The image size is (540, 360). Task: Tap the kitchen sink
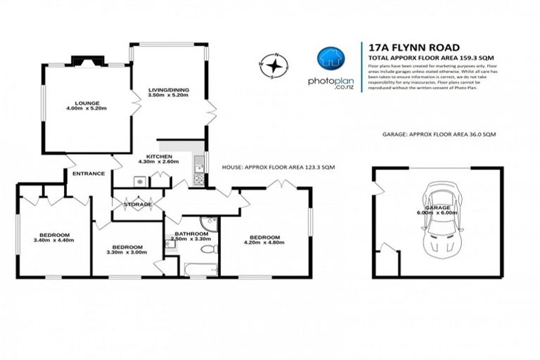[x=200, y=166]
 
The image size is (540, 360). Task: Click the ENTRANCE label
[x=87, y=174]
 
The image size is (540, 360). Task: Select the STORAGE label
[x=138, y=205]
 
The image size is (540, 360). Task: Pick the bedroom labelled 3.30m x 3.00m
[x=127, y=250]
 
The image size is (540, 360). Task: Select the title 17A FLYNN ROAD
[x=404, y=43]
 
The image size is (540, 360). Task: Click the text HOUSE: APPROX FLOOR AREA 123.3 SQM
[x=277, y=168]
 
